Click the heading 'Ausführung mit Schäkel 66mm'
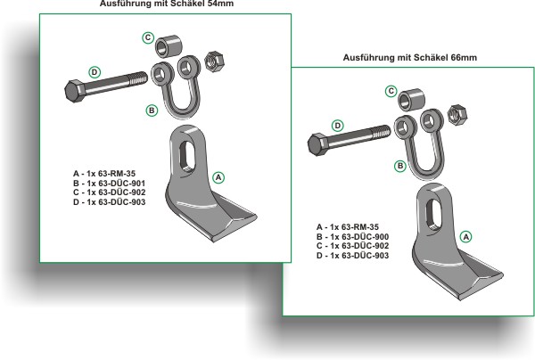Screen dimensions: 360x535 click(410, 58)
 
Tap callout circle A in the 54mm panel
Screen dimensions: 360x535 click(217, 177)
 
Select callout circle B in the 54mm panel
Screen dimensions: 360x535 click(152, 110)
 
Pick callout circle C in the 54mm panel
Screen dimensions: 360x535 click(148, 37)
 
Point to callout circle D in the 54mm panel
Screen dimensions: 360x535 click(95, 70)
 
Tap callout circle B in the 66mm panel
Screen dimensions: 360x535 click(400, 166)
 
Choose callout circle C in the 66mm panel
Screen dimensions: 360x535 click(391, 91)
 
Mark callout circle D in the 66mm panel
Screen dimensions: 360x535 click(336, 126)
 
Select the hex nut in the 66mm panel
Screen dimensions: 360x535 click(455, 114)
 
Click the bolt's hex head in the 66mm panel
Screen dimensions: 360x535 click(318, 143)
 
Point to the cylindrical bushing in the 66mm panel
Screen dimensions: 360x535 click(411, 95)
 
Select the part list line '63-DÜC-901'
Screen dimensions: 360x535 click(110, 183)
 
